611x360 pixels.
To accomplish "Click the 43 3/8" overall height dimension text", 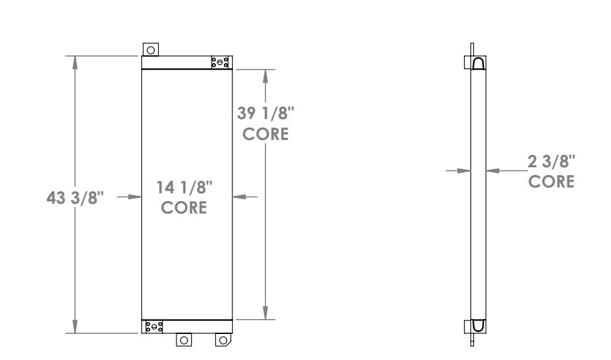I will [75, 197].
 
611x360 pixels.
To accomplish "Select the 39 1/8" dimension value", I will [265, 114].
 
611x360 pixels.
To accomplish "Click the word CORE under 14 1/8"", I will [184, 208].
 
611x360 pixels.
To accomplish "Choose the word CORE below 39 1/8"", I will [265, 134].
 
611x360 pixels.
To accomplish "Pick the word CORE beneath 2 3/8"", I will [551, 182].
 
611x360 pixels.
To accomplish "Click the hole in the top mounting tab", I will [151, 49].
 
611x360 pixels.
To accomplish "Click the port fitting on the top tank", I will [220, 62].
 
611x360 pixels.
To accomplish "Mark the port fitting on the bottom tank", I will [154, 326].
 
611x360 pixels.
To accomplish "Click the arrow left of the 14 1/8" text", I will [135, 196].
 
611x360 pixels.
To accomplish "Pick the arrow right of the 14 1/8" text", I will [239, 196].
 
